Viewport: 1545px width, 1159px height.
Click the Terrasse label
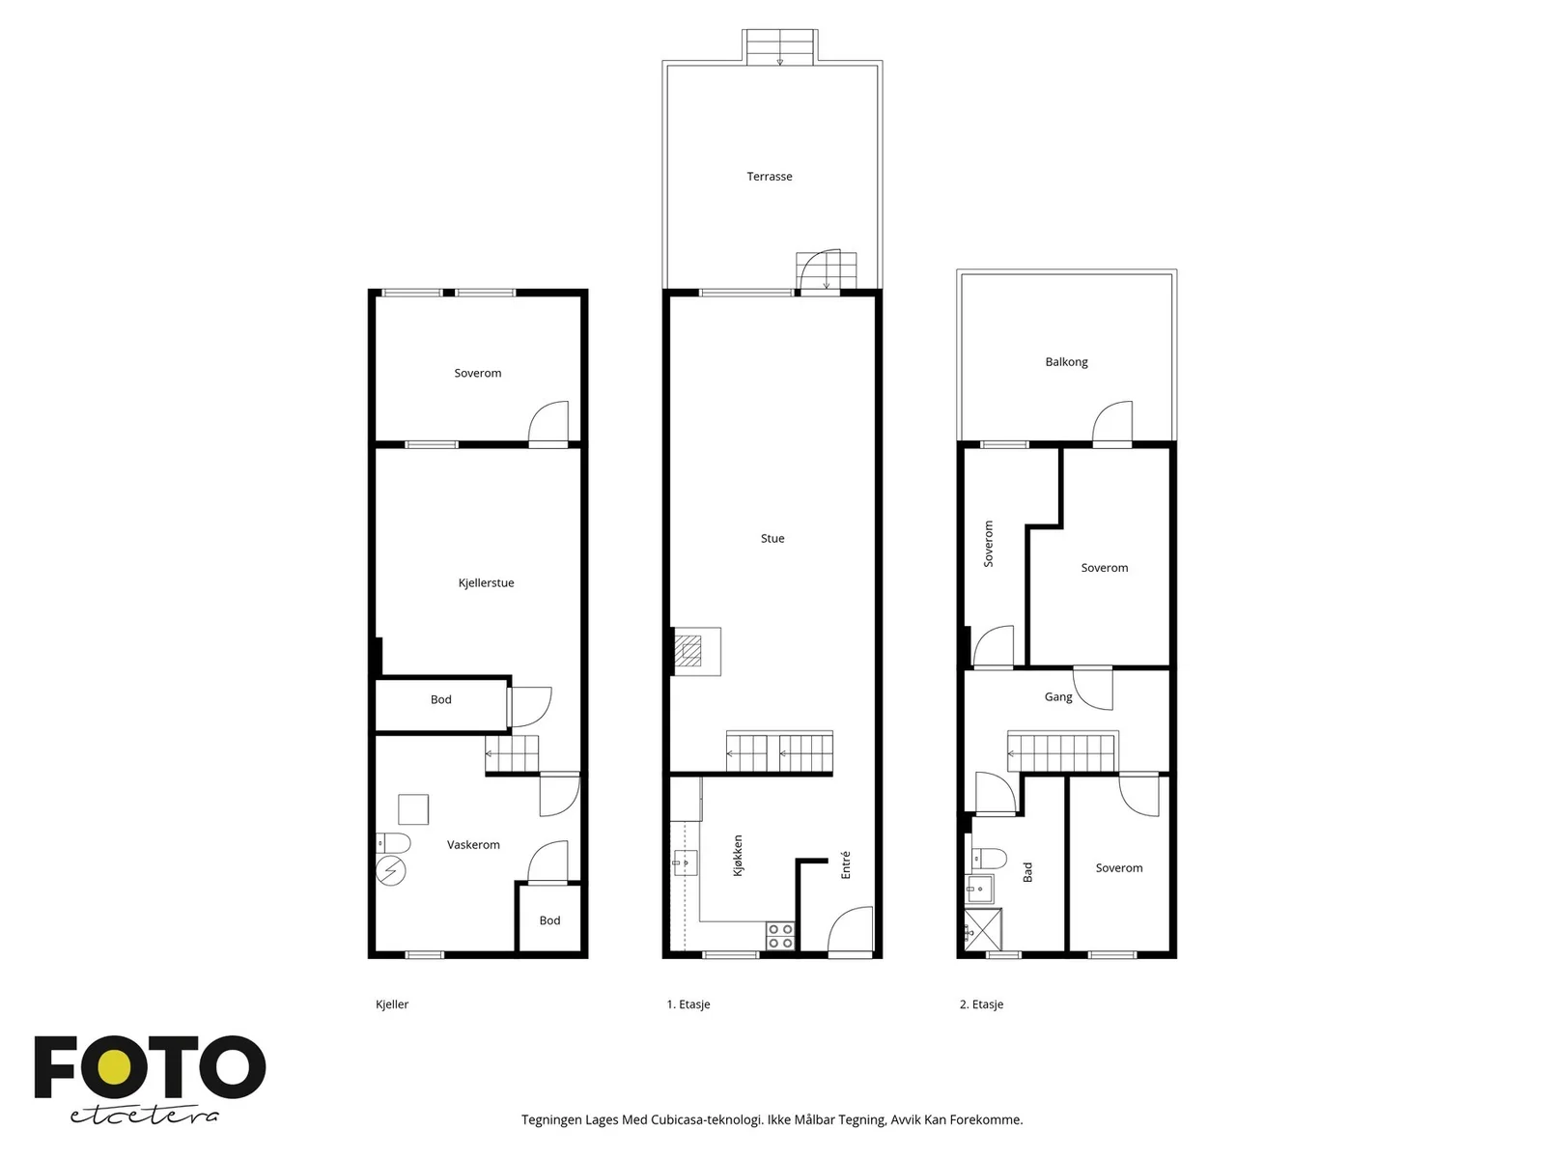pos(770,176)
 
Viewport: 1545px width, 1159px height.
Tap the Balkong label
pos(1066,361)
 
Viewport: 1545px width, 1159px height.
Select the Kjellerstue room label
pos(486,582)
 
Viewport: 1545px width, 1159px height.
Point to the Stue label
pos(772,538)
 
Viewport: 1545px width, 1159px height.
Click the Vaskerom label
pos(473,844)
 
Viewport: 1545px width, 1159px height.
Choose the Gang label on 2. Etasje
pos(1058,696)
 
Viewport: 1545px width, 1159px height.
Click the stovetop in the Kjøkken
pos(780,936)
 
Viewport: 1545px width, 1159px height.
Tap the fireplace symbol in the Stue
pos(688,651)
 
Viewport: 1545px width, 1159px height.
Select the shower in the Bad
pos(983,929)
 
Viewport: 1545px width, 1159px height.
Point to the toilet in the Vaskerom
pos(393,843)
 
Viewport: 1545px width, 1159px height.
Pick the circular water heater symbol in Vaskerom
pos(391,871)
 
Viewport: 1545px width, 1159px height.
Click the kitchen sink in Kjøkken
pos(686,862)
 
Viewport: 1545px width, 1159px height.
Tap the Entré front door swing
pos(851,929)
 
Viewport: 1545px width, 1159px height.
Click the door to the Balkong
pos(1112,423)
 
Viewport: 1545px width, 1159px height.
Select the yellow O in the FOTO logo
pos(114,1067)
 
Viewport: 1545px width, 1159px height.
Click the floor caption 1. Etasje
pos(688,1004)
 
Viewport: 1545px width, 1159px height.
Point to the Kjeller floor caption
pos(391,1004)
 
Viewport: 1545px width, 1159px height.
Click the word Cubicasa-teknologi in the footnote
pos(707,1119)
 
